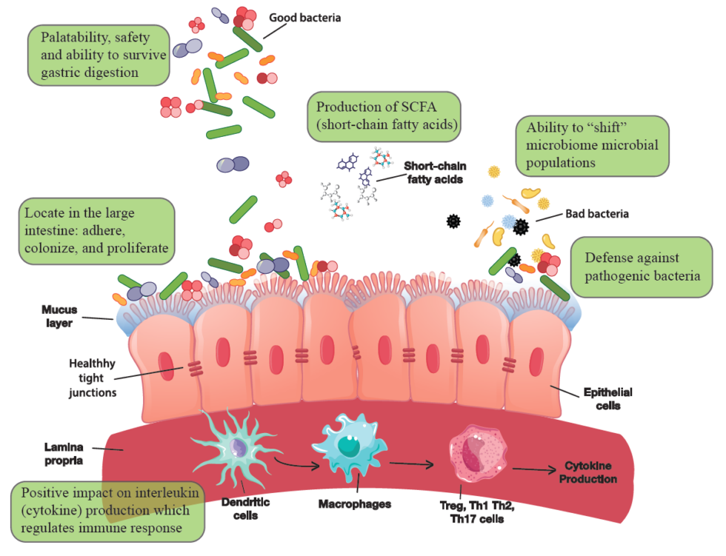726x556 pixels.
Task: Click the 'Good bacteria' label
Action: (x=304, y=17)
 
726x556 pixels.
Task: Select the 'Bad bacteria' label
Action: (x=596, y=214)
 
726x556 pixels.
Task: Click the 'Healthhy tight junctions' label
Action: (x=93, y=378)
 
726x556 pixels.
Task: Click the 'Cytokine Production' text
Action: (x=590, y=472)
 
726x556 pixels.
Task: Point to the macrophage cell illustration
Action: (x=350, y=446)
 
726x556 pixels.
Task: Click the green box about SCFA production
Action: (x=383, y=116)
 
